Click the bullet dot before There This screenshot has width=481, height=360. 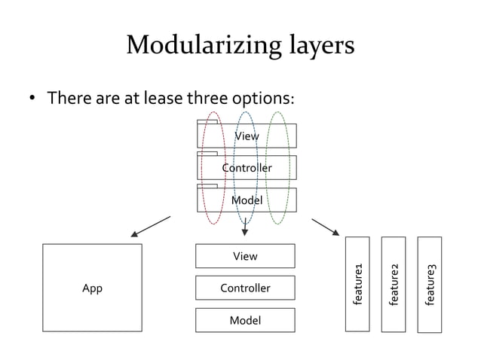(x=32, y=100)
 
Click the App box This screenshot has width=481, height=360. (x=92, y=288)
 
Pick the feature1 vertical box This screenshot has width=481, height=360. (x=358, y=284)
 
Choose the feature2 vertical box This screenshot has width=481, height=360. (x=394, y=284)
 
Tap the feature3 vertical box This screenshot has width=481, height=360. (x=430, y=284)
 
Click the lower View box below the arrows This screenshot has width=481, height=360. (x=245, y=256)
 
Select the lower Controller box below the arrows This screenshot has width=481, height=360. (x=245, y=288)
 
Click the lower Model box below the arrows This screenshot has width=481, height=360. (x=245, y=320)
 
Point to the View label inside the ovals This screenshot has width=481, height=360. (x=247, y=136)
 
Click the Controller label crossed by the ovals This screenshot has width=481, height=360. (x=247, y=168)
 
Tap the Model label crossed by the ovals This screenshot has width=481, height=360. (x=247, y=200)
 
